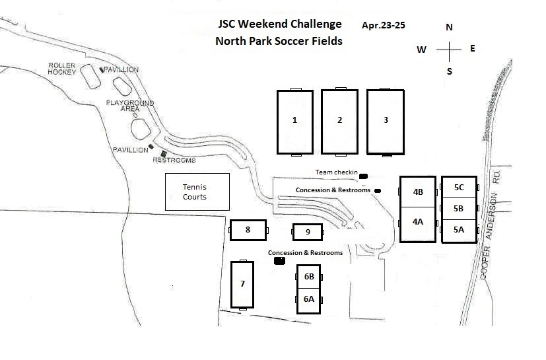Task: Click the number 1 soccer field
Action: [x=294, y=122]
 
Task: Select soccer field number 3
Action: [x=386, y=122]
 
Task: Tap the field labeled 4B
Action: [x=418, y=192]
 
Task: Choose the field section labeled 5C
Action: [x=459, y=187]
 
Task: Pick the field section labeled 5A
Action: [x=459, y=231]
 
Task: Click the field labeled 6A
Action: [x=309, y=299]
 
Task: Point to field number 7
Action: [x=242, y=284]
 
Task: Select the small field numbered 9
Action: [x=308, y=233]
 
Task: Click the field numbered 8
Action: [x=248, y=230]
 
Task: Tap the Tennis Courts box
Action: [x=197, y=192]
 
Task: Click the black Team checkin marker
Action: [x=362, y=175]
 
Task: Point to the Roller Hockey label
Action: [x=63, y=69]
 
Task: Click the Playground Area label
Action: [x=130, y=106]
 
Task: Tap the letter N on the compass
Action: [x=450, y=27]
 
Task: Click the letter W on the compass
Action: [x=421, y=50]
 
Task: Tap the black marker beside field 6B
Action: [x=279, y=261]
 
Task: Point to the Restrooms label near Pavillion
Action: [x=174, y=161]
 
